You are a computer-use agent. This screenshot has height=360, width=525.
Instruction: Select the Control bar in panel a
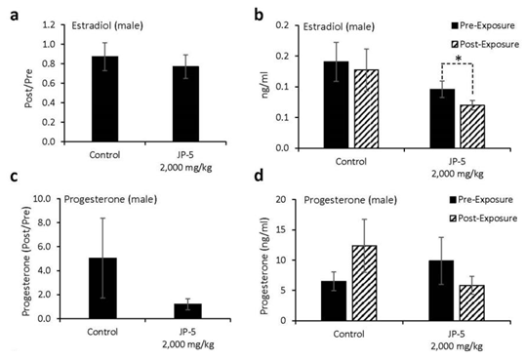click(x=91, y=99)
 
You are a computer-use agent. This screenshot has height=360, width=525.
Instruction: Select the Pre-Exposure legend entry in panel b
click(x=465, y=20)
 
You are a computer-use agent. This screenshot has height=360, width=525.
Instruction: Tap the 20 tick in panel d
click(x=303, y=200)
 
